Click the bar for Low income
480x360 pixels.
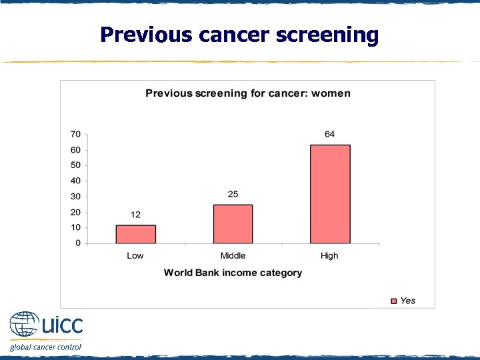135,234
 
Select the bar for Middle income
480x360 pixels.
233,224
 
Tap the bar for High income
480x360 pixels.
330,194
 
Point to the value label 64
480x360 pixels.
329,135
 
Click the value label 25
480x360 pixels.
233,195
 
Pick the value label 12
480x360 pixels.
135,215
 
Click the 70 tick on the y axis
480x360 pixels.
75,134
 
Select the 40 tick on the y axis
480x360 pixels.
75,181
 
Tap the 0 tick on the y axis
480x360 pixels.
78,243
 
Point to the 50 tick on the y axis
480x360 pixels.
75,165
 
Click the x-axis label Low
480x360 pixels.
135,256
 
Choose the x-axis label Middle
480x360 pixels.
233,256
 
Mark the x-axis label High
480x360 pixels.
329,256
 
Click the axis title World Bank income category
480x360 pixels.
233,273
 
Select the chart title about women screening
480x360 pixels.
247,93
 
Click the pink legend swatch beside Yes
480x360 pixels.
393,301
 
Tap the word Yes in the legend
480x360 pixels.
407,301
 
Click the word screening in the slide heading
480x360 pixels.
329,35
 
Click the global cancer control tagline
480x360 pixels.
45,347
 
